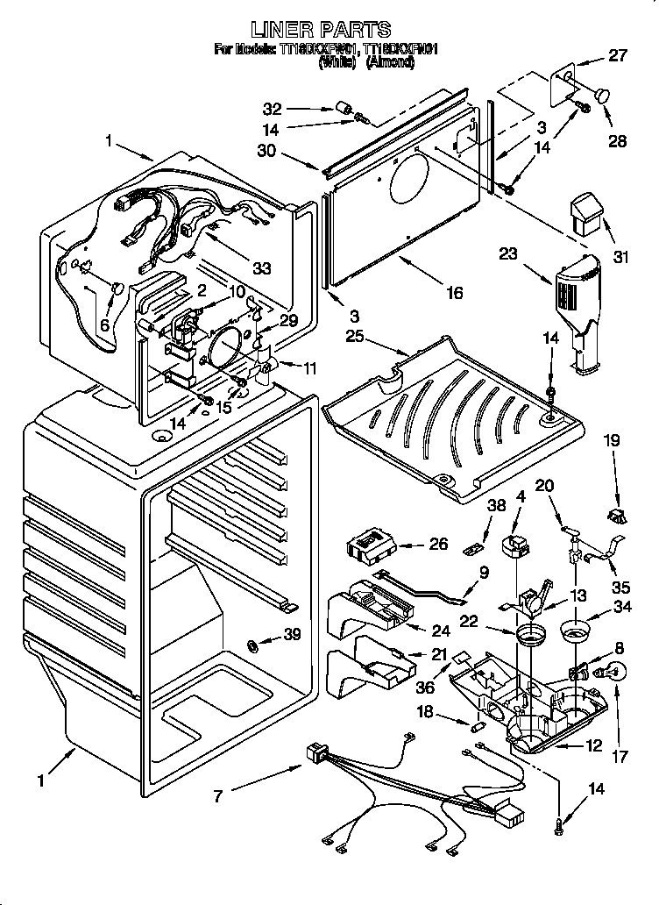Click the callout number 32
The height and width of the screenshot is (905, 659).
(273, 109)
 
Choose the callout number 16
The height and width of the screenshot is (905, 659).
(454, 293)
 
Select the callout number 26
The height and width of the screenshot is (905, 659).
(438, 544)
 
